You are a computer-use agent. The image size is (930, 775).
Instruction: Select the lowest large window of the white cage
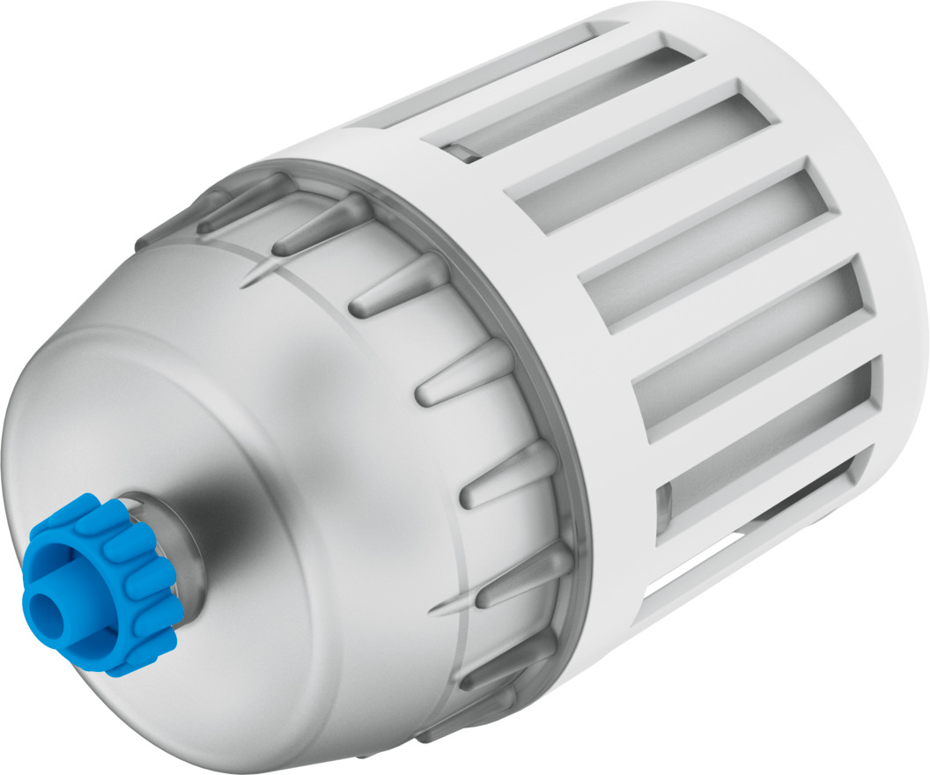coord(766,476)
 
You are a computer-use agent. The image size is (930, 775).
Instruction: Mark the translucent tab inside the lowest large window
coord(666,512)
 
